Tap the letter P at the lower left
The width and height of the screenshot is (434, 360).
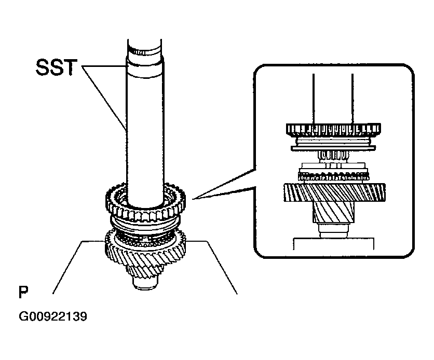point(22,292)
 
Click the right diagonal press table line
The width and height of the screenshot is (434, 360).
point(222,267)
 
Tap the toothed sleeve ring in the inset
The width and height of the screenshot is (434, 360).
point(332,130)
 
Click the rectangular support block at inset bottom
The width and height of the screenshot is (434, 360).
point(332,244)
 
